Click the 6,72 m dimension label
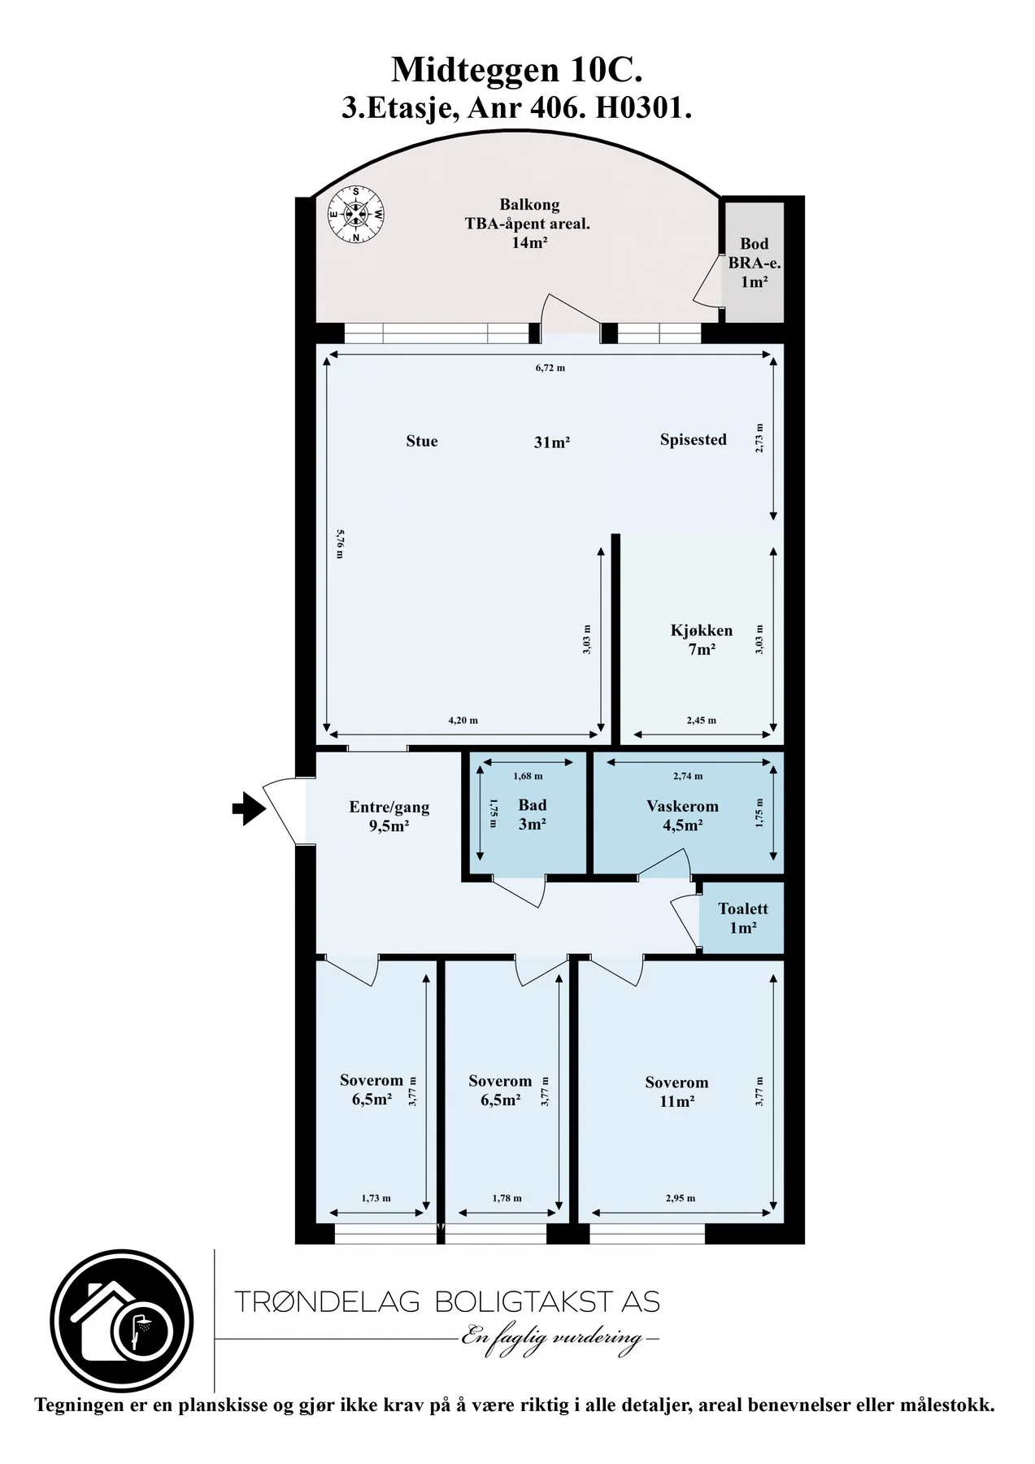pos(550,368)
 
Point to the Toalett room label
pos(743,917)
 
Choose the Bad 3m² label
pos(533,814)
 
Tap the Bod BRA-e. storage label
pos(755,262)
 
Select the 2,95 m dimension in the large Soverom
pos(681,1198)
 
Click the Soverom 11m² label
pos(676,1091)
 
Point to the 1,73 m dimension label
pos(376,1198)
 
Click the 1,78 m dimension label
pos(507,1198)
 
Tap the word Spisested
pos(694,440)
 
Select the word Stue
pos(422,441)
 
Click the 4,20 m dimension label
pos(463,720)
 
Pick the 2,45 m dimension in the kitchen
pos(702,720)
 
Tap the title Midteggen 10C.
pos(517,71)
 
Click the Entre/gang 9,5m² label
pos(389,816)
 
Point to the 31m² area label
pos(551,442)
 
